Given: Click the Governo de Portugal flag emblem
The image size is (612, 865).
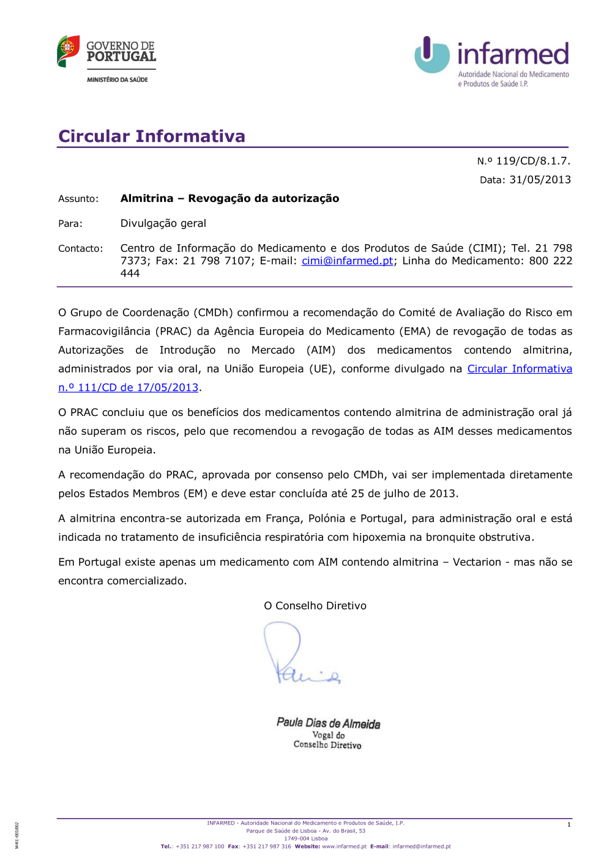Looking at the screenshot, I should [68, 51].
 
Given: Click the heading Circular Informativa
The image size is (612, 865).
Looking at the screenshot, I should [152, 136].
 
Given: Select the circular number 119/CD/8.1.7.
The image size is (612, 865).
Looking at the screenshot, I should [532, 161].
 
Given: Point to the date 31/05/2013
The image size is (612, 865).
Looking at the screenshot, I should [540, 180].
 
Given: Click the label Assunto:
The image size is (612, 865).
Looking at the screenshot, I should [78, 199].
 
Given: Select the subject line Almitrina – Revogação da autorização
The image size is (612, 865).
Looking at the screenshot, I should [229, 198].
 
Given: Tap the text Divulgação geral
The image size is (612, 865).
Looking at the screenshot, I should [163, 223].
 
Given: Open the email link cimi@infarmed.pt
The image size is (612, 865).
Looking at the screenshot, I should [347, 261].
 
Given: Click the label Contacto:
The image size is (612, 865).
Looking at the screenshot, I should [80, 248].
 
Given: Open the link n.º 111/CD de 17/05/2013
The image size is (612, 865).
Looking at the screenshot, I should [129, 387].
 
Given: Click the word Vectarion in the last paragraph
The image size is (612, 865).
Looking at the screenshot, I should [477, 562].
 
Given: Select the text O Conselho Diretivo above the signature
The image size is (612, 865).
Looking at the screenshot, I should [315, 606].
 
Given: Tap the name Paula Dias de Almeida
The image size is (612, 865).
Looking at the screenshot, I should [328, 723].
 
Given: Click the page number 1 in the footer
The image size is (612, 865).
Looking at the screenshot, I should [569, 825].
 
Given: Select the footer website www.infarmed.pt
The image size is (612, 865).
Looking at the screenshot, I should [344, 847].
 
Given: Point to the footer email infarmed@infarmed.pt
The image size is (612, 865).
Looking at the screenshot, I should [422, 847].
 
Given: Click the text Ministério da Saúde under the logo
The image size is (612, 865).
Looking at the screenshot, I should [118, 80].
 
